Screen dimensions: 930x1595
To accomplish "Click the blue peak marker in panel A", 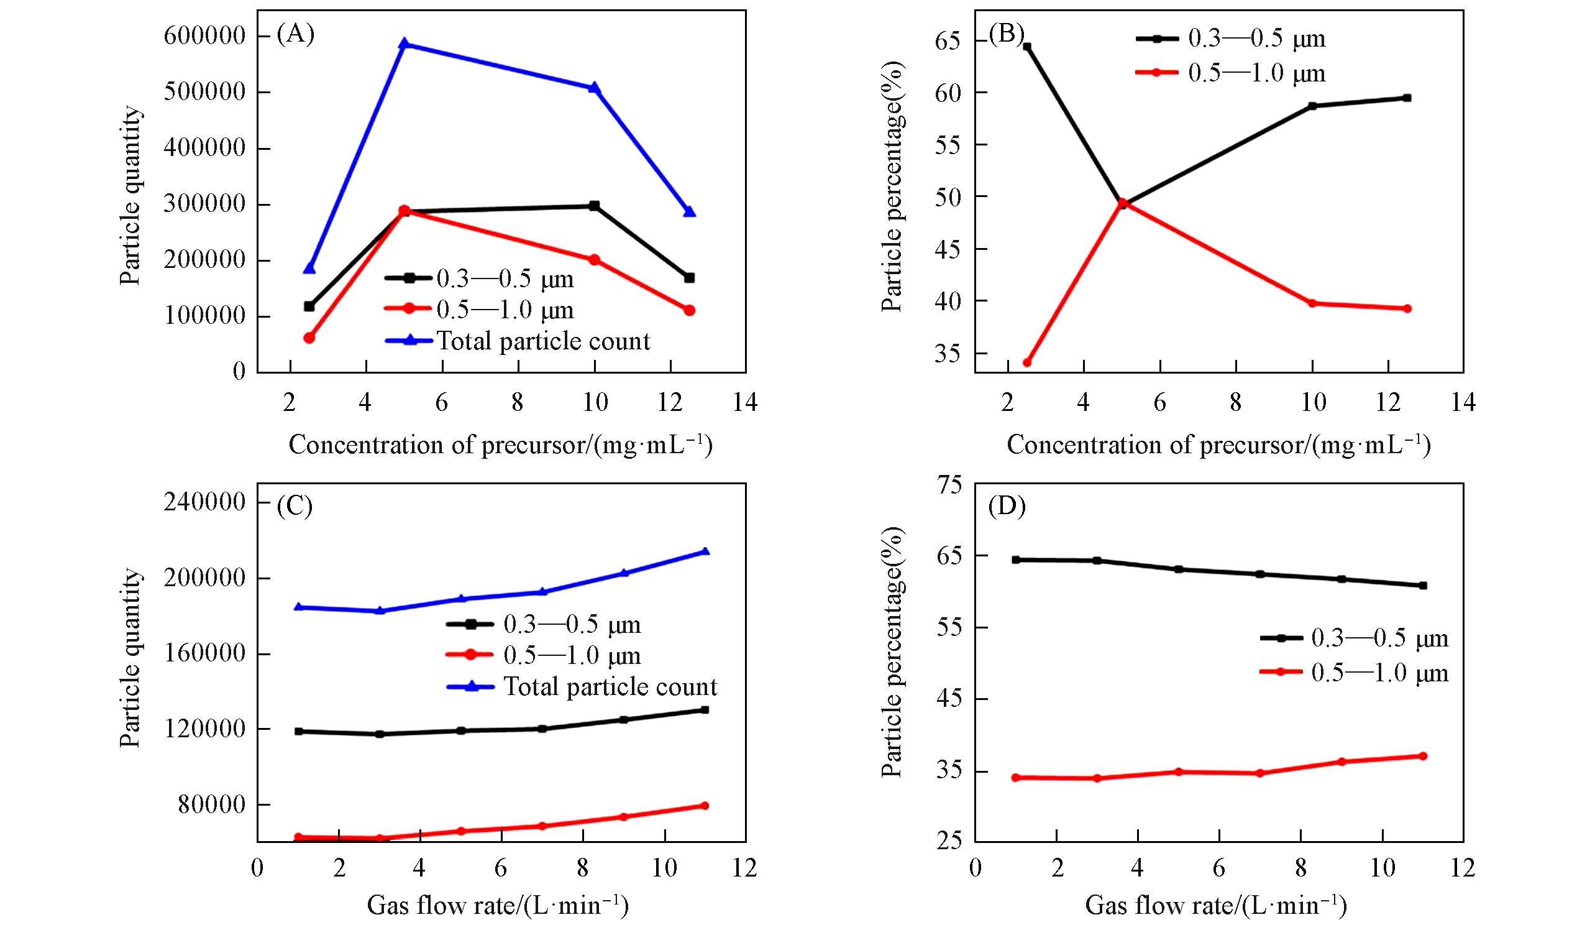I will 404,44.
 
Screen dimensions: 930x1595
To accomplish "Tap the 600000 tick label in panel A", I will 204,36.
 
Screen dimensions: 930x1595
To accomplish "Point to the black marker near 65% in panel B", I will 1026,47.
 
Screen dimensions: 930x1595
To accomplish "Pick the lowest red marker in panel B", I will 1026,363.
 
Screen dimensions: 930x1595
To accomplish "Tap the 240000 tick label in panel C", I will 204,504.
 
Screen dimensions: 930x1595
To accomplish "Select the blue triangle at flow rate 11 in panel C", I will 705,551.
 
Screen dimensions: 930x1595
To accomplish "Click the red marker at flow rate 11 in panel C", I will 705,805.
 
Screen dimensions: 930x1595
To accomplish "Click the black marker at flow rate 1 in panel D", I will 1016,559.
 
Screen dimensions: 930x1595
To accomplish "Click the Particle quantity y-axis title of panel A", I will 130,196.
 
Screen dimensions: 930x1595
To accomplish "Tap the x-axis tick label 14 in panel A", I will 745,403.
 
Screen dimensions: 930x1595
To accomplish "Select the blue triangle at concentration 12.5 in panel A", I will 689,211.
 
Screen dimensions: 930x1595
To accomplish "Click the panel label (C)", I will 295,508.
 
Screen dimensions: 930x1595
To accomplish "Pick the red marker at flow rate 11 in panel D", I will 1423,756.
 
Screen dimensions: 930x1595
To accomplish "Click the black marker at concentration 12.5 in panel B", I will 1407,98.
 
